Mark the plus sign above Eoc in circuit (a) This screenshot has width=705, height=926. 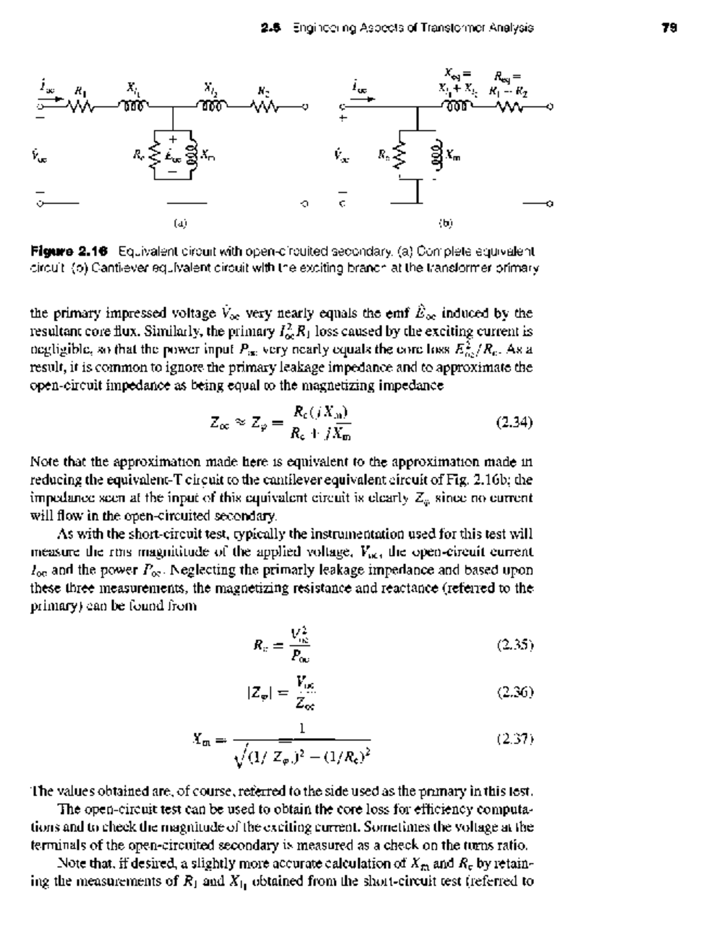coord(173,139)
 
